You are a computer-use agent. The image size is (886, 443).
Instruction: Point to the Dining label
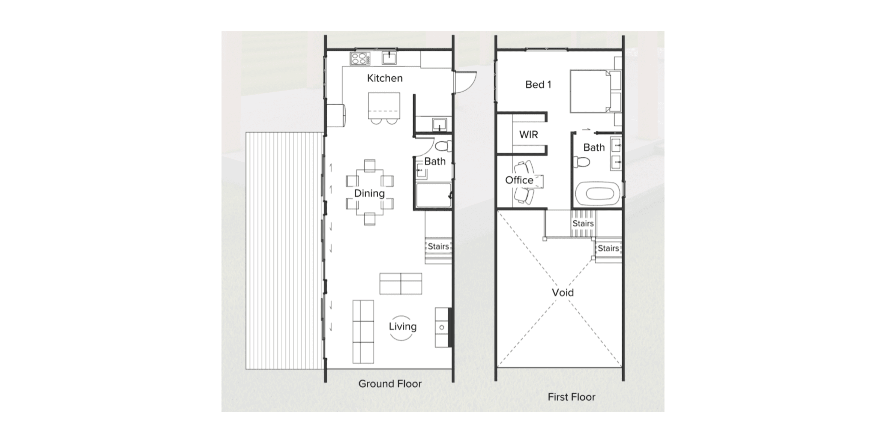tap(369, 193)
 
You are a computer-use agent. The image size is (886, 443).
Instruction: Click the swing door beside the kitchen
tap(465, 83)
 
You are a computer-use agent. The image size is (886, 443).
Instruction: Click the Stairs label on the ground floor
tap(438, 246)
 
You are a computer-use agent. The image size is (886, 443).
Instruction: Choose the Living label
tap(402, 326)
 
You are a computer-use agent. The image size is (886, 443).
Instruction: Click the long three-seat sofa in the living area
tap(363, 332)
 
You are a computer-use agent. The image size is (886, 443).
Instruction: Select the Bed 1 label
tap(538, 85)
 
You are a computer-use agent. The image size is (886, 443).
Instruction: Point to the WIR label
tap(528, 135)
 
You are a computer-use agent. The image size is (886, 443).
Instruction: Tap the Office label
tap(519, 180)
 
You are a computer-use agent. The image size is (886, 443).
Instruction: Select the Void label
tap(563, 293)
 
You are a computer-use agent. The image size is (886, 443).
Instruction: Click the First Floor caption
tap(571, 397)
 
